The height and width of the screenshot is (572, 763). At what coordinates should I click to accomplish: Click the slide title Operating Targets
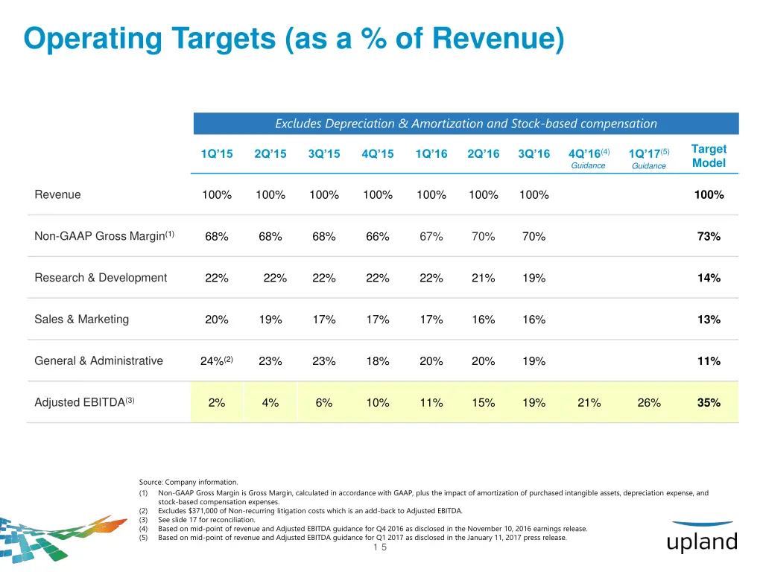point(294,39)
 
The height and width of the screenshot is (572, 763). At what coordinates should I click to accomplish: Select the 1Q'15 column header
point(217,154)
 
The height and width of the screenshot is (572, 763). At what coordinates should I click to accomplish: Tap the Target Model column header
point(709,156)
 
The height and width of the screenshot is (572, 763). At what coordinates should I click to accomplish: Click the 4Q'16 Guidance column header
point(589,157)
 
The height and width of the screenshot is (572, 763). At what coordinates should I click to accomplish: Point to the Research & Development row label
point(101,278)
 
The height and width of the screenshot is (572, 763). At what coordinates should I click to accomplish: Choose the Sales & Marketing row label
point(82,320)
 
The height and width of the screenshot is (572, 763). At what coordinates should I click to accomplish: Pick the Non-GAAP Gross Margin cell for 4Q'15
point(378,237)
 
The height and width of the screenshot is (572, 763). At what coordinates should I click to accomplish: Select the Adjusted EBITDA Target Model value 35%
point(709,403)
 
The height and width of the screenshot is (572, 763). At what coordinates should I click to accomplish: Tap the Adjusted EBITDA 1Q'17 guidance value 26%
point(649,403)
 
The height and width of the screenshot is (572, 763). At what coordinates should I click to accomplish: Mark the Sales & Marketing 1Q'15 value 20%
point(217,320)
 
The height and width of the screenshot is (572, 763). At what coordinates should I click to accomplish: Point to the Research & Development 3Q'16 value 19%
point(534,279)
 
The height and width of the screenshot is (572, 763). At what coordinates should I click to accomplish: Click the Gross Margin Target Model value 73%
point(709,237)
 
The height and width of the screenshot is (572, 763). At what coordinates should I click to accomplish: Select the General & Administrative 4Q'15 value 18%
point(378,361)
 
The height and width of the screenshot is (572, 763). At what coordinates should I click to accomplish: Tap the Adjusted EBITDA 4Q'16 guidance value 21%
point(589,403)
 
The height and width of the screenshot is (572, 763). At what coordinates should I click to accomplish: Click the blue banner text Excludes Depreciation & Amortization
point(466,124)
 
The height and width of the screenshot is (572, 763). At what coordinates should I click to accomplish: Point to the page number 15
point(380,547)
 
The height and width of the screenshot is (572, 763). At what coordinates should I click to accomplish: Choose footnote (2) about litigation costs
point(309,511)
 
